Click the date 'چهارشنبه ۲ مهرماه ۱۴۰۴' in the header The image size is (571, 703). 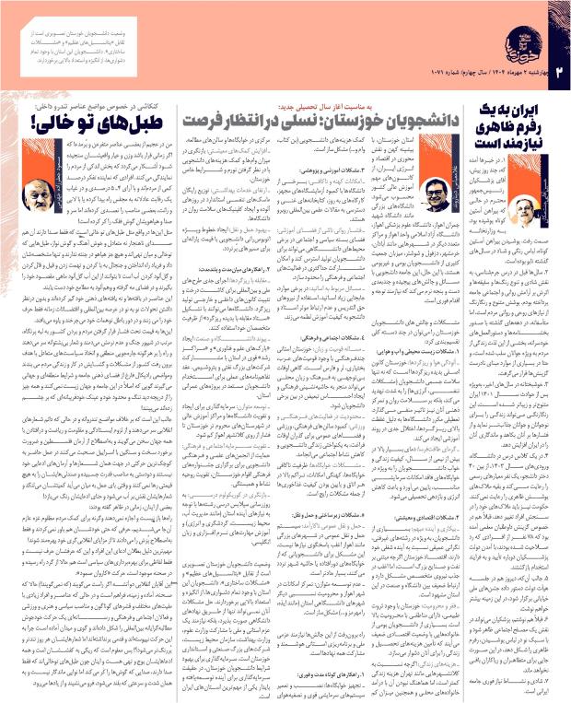(x=517, y=69)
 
